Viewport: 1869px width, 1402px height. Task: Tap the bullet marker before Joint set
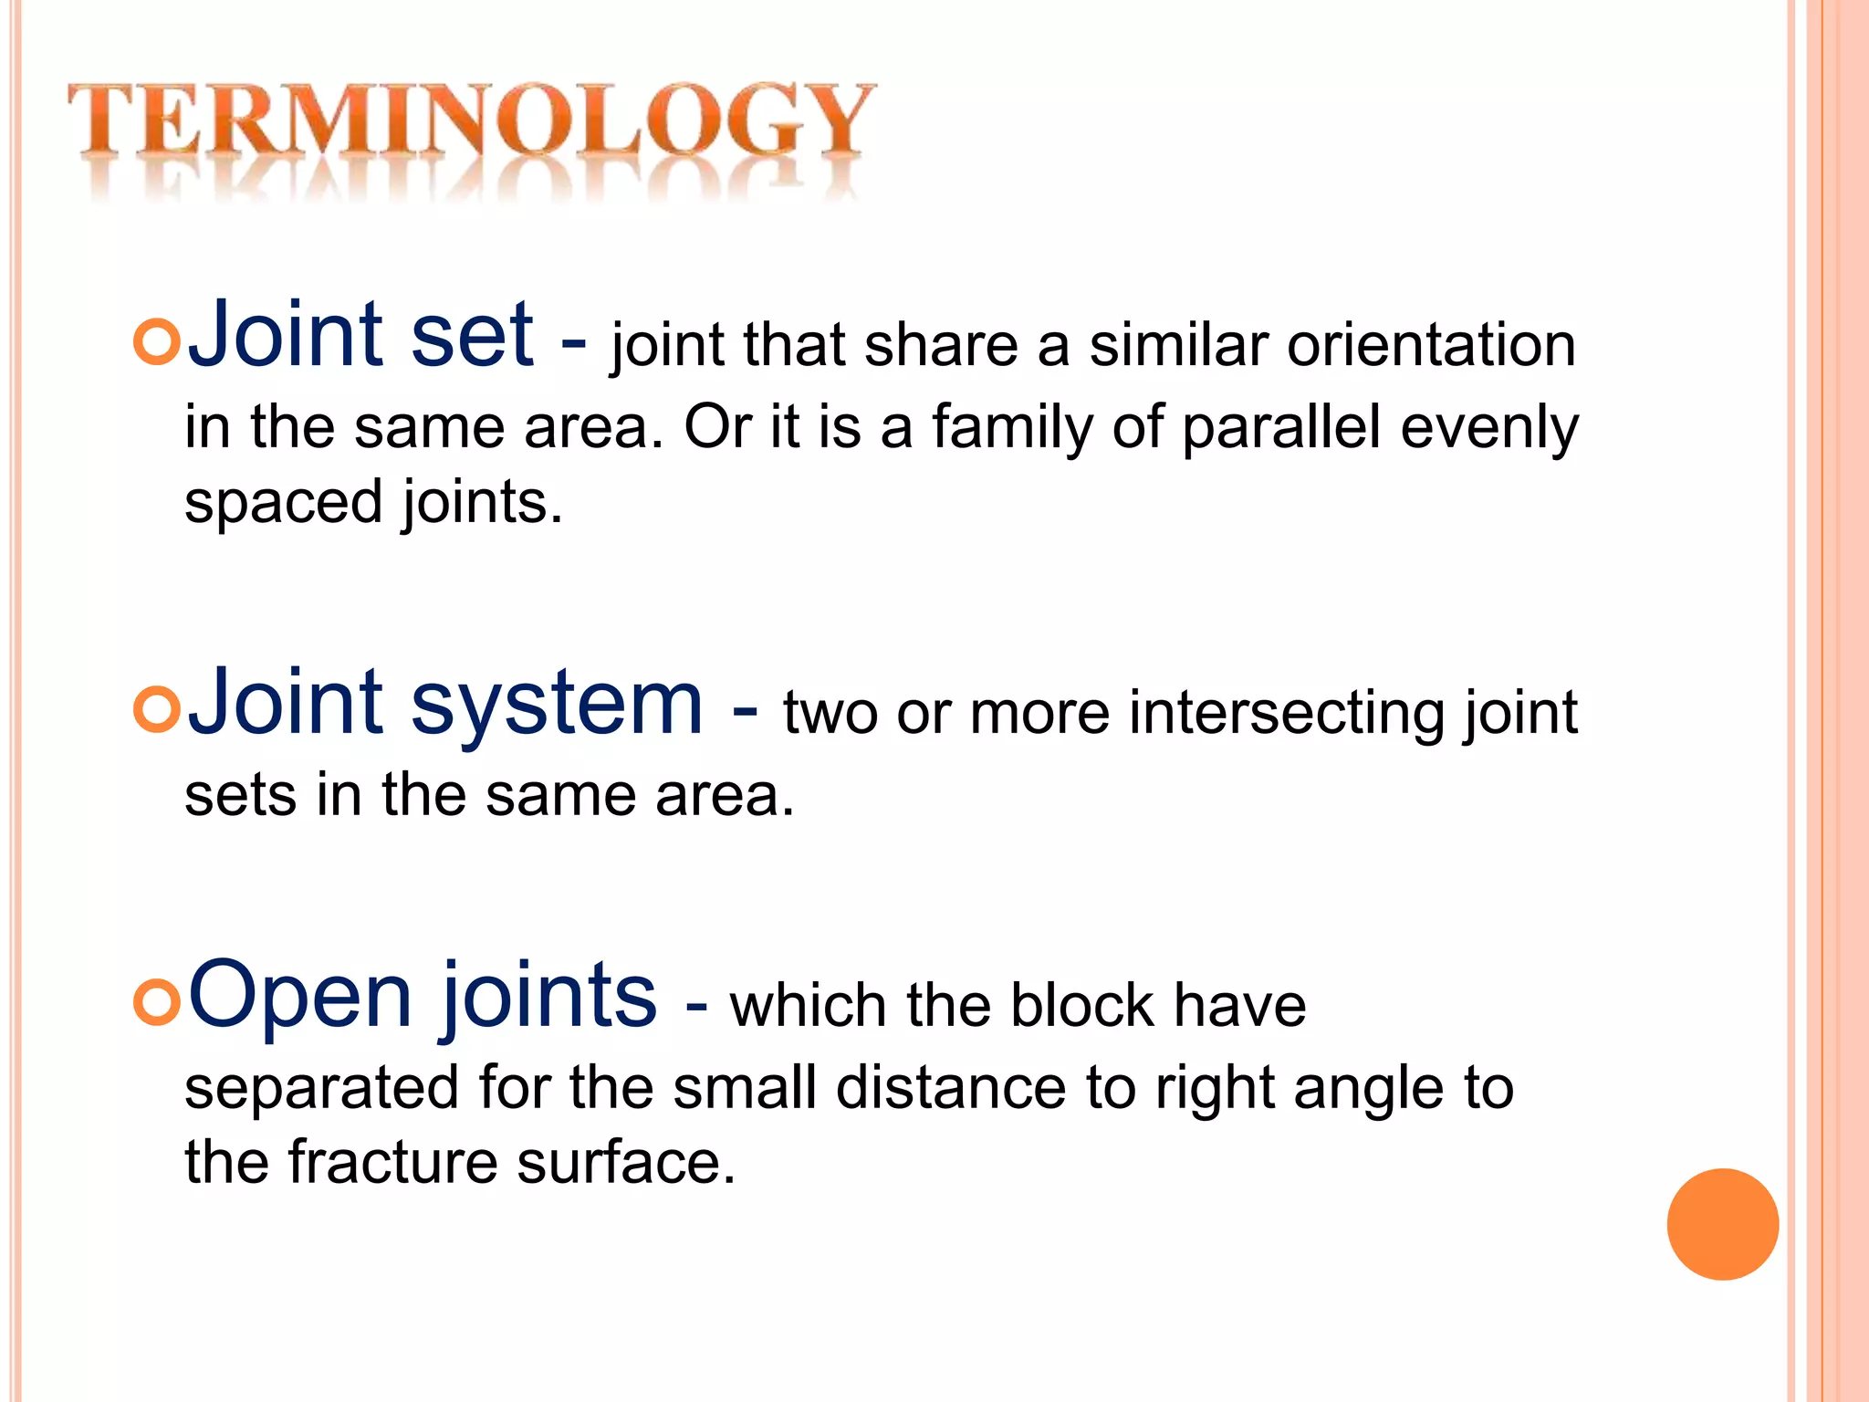(156, 343)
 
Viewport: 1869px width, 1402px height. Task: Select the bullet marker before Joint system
(156, 709)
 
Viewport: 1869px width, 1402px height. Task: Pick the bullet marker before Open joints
(156, 1002)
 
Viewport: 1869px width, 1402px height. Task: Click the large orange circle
(1722, 1224)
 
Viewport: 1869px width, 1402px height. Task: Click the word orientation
(1431, 345)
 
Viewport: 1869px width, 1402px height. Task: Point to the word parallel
(1280, 427)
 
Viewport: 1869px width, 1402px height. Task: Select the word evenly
(1489, 427)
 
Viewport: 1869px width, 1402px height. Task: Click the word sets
(241, 794)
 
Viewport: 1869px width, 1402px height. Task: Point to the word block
(1082, 1005)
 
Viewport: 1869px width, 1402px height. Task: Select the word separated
(321, 1089)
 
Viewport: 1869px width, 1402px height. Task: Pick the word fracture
(392, 1162)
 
